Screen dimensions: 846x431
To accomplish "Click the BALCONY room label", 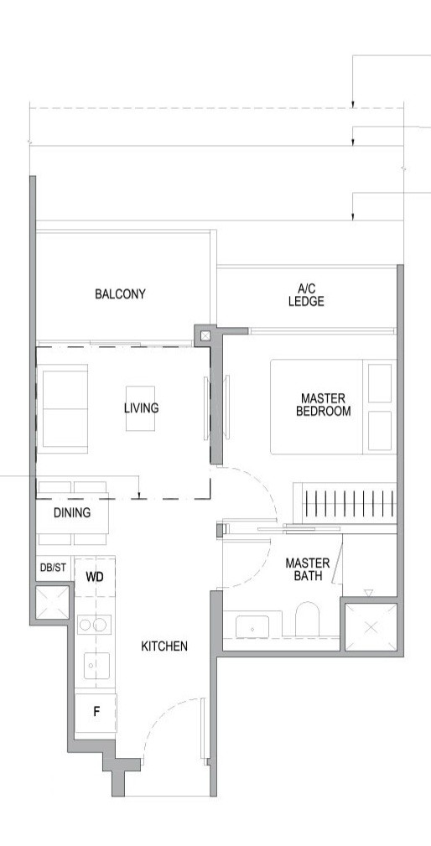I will pos(120,293).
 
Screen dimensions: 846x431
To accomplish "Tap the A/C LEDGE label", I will pos(305,294).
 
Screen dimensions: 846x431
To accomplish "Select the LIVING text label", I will pos(141,408).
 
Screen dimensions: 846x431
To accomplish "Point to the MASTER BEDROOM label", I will pos(323,404).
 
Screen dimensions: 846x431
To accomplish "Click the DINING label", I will pos(72,513).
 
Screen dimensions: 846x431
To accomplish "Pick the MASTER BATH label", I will pos(307,569).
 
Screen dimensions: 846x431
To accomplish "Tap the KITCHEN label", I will pos(164,646).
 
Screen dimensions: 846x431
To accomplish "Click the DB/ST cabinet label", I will pos(53,568).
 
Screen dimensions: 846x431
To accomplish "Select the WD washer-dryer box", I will pos(95,577).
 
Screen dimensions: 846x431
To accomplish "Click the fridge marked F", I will pos(96,712).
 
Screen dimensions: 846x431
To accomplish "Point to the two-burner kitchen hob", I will pos(95,625).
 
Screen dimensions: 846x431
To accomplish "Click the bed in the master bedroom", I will pos(331,406).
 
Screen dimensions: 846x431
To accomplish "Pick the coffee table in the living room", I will pos(140,408).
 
